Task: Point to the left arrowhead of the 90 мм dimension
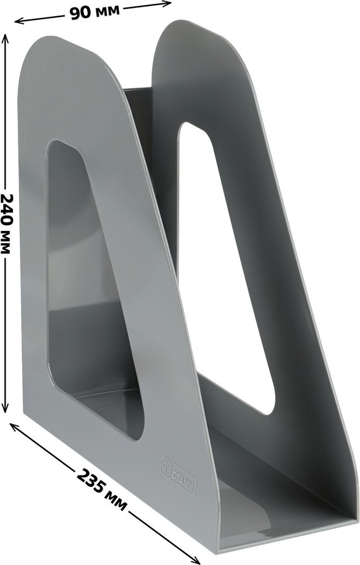[18, 22]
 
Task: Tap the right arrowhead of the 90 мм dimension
[167, 4]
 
